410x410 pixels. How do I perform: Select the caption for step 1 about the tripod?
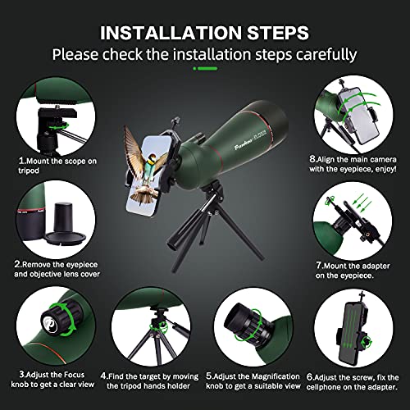click(x=45, y=166)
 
